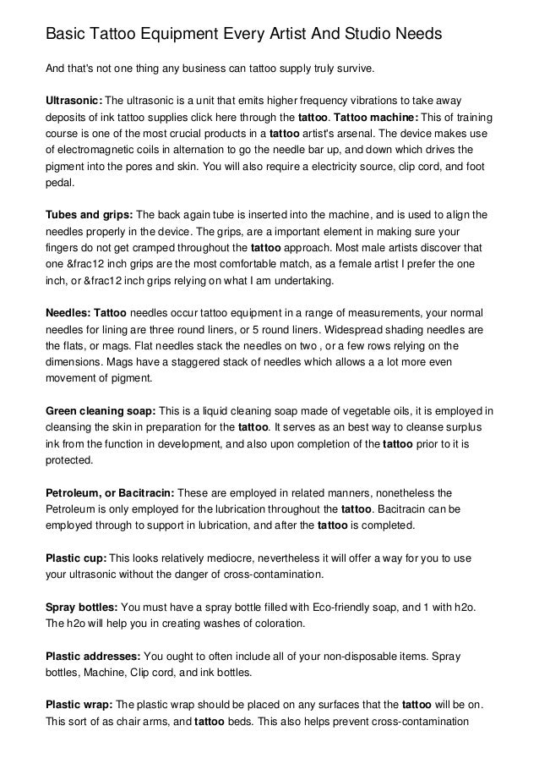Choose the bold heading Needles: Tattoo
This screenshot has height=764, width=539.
pyautogui.click(x=85, y=310)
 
